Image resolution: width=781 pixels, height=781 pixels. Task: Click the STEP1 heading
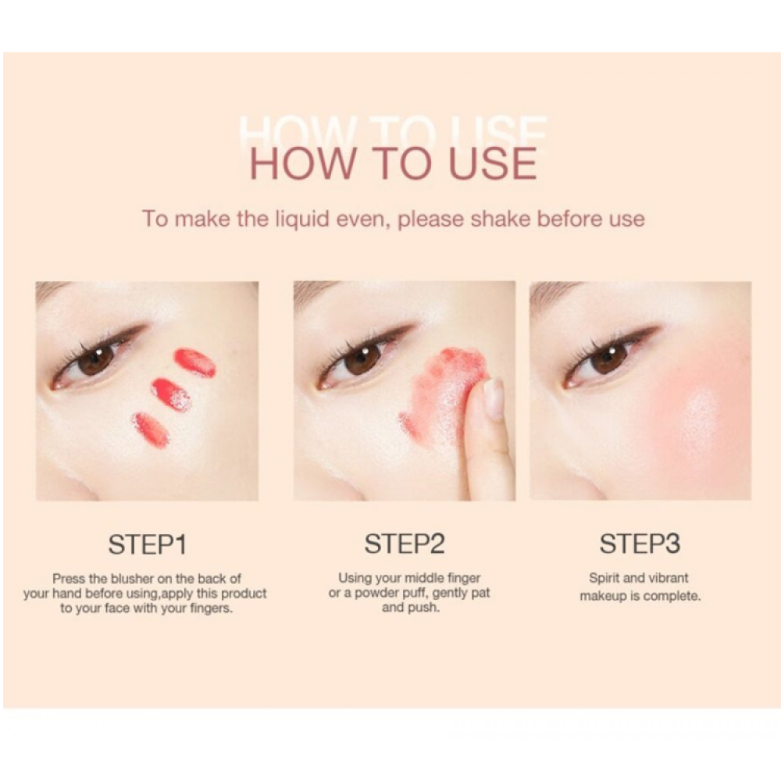coord(148,544)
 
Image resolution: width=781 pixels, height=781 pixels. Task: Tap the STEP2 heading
coord(404,544)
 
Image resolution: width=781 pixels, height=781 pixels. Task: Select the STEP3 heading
coord(640,544)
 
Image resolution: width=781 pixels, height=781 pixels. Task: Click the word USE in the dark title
coord(493,163)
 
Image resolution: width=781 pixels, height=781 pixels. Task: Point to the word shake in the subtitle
coord(500,219)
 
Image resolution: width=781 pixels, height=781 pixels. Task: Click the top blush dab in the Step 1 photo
coord(194,362)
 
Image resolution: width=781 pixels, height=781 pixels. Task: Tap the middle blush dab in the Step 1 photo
coord(171,394)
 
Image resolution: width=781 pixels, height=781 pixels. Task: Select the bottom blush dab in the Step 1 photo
coord(151,430)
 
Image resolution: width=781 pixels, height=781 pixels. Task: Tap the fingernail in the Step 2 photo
coord(494,398)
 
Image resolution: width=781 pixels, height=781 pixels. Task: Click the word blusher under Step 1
coord(132,579)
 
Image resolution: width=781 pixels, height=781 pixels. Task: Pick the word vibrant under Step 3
coord(669,578)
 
